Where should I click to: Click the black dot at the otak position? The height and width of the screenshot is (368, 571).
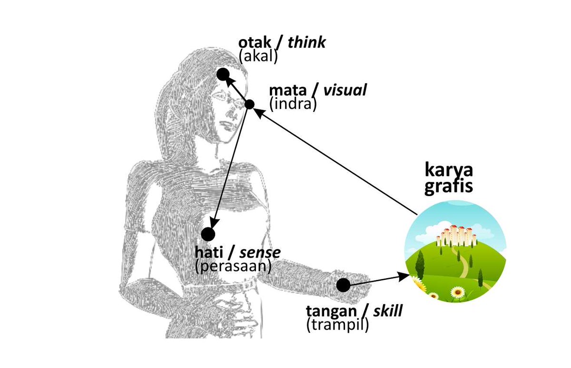pyautogui.click(x=223, y=74)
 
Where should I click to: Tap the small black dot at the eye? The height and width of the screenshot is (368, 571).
pyautogui.click(x=249, y=104)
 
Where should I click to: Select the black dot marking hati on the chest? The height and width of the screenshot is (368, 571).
pyautogui.click(x=208, y=234)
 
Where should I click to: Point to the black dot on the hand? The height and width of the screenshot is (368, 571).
pyautogui.click(x=343, y=285)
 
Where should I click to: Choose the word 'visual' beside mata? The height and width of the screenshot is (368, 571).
pyautogui.click(x=345, y=90)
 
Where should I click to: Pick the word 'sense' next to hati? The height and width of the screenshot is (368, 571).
pyautogui.click(x=262, y=252)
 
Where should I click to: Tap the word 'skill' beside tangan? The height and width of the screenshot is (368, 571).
pyautogui.click(x=387, y=312)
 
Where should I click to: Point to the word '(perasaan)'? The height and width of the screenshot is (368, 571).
pyautogui.click(x=233, y=266)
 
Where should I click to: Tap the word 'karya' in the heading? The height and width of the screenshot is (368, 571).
pyautogui.click(x=449, y=170)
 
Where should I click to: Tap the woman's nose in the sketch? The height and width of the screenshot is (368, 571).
pyautogui.click(x=233, y=114)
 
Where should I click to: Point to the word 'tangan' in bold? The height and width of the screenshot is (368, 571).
pyautogui.click(x=330, y=312)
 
